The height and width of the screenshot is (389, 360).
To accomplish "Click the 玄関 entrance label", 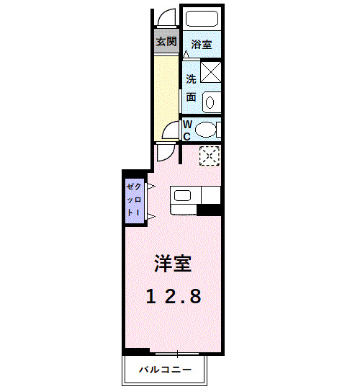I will tap(166, 42).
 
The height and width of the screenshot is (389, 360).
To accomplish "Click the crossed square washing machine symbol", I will tap(210, 73).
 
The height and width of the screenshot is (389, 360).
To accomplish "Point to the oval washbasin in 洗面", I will tap(210, 102).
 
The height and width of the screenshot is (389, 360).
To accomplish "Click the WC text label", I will tap(186, 130).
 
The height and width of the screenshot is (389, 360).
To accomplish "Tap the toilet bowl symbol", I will tap(207, 130).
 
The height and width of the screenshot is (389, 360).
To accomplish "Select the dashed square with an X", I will tap(209, 155).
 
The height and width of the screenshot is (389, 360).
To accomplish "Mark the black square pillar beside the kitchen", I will tap(210, 210).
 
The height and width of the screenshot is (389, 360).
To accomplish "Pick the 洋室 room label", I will tap(173, 264).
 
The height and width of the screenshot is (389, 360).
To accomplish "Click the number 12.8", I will tap(174, 295).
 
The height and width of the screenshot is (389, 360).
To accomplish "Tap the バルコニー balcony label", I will tap(166, 370).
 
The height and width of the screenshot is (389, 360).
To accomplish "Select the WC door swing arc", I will tap(170, 130).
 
